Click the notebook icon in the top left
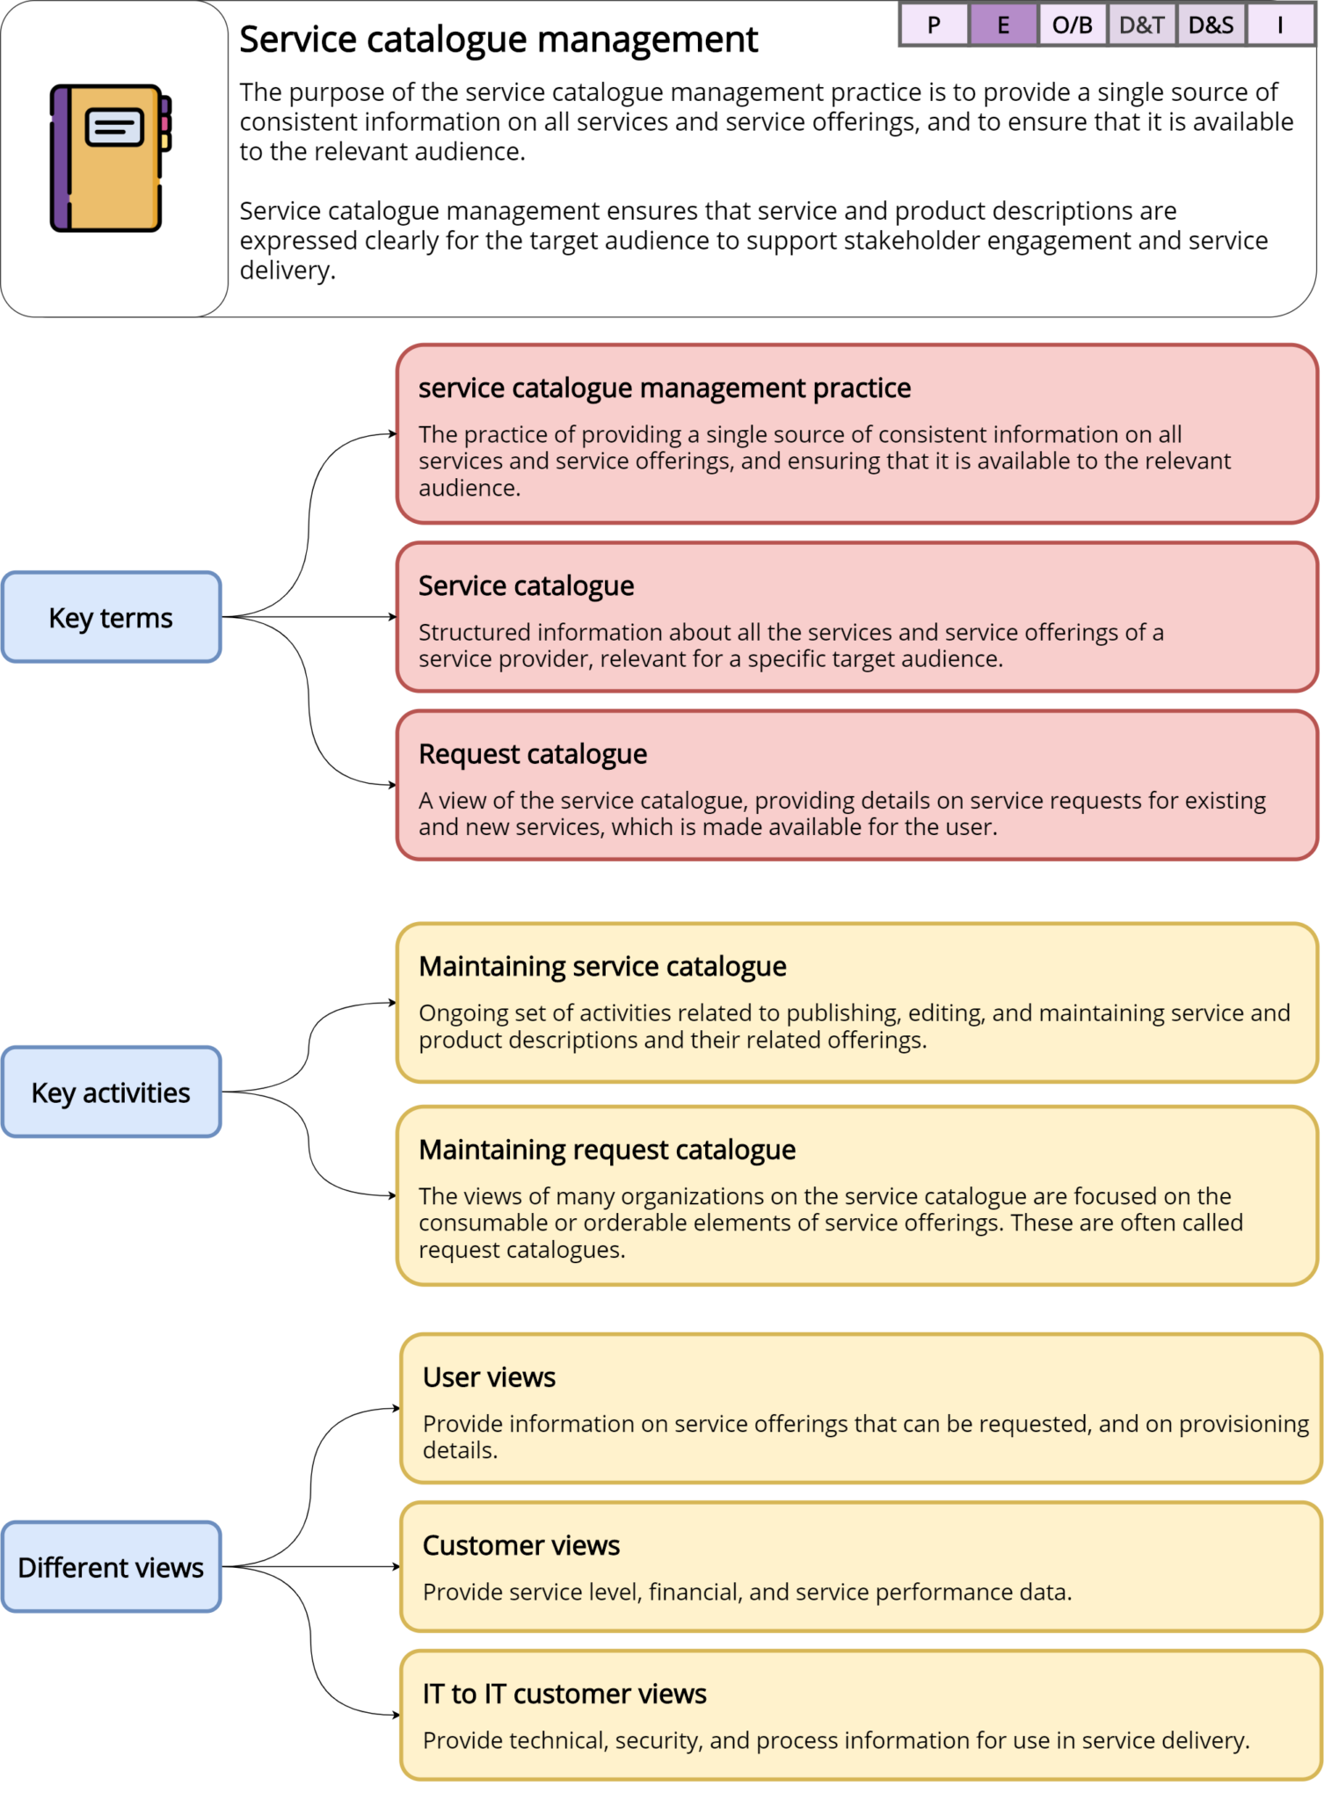pyautogui.click(x=110, y=158)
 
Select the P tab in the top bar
pyautogui.click(x=934, y=25)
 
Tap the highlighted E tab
pyautogui.click(x=1003, y=25)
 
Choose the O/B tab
pyautogui.click(x=1072, y=25)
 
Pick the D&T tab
pyautogui.click(x=1141, y=25)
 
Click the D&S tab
pyautogui.click(x=1211, y=25)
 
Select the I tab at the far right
pyautogui.click(x=1279, y=25)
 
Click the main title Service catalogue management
pyautogui.click(x=498, y=40)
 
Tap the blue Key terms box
pyautogui.click(x=111, y=617)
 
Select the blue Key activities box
pyautogui.click(x=111, y=1092)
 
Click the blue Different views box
pyautogui.click(x=111, y=1567)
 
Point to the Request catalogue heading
pyautogui.click(x=532, y=753)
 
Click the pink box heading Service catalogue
pyautogui.click(x=526, y=585)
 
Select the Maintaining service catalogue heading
pyautogui.click(x=602, y=966)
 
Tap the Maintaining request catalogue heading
pyautogui.click(x=607, y=1149)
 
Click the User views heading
pyautogui.click(x=489, y=1376)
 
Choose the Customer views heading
pyautogui.click(x=520, y=1545)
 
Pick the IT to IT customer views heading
pyautogui.click(x=564, y=1694)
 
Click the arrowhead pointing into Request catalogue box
pyautogui.click(x=392, y=785)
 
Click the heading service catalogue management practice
pyautogui.click(x=664, y=388)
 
